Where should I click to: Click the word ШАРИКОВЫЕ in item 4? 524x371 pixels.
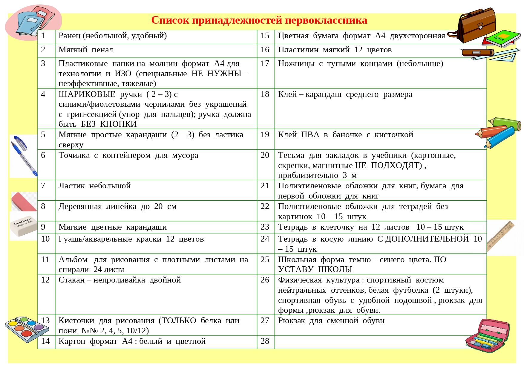coord(87,94)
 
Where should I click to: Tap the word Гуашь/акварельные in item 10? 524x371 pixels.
coord(95,239)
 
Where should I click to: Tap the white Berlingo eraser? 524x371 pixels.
coord(23,226)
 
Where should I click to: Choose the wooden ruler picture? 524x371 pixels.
coord(500,236)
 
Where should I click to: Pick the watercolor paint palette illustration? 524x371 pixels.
coord(27,329)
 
